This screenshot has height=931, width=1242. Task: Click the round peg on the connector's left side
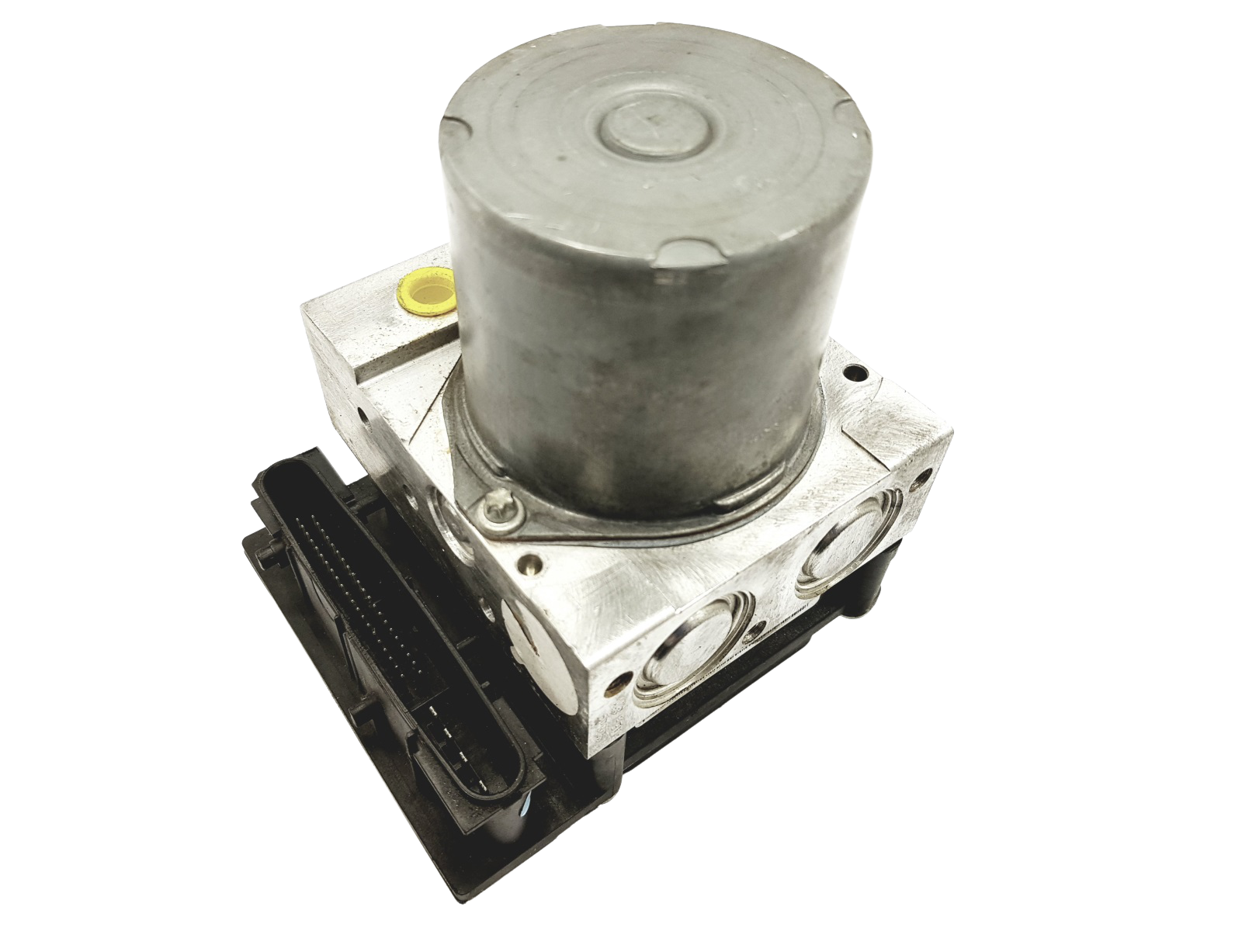(x=268, y=555)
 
